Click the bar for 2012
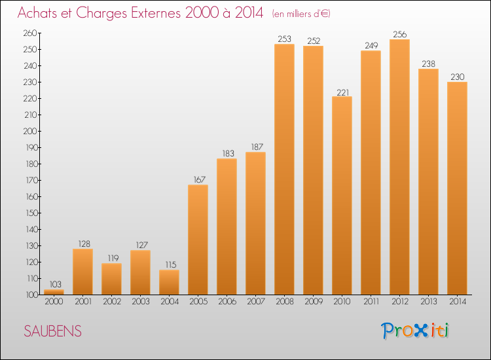pos(399,167)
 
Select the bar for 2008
pos(284,169)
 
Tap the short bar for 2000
pos(54,292)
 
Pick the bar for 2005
pos(198,240)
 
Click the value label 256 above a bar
pos(399,33)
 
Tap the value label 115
pos(169,264)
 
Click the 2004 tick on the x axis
pos(169,301)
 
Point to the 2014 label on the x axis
pos(457,301)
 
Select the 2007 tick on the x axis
pos(255,301)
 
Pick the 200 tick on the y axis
pos(31,131)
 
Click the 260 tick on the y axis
pos(31,33)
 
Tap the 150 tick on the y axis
pos(31,213)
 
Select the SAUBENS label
pos(53,331)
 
